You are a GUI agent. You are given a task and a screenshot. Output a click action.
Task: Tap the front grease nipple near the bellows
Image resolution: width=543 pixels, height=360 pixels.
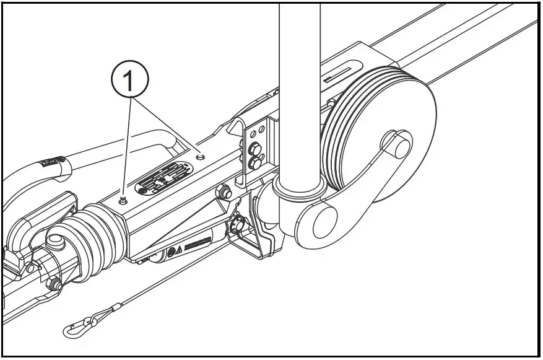point(123,199)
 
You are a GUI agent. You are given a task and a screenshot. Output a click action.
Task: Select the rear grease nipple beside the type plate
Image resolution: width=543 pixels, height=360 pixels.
point(199,157)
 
